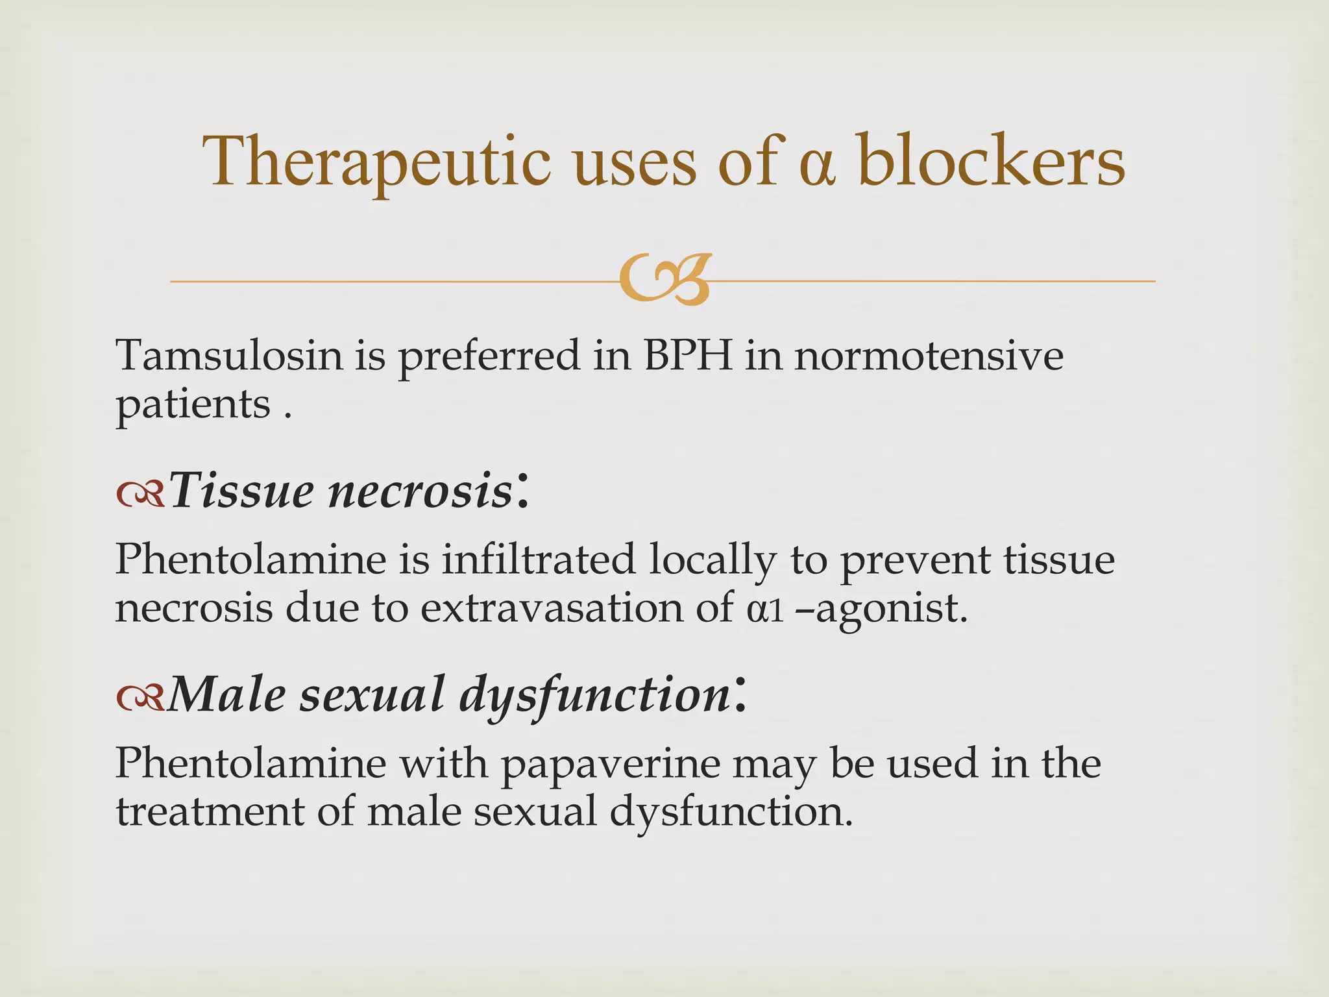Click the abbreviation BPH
(x=687, y=356)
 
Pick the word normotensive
(x=929, y=356)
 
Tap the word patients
(x=193, y=406)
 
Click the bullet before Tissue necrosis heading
(x=140, y=496)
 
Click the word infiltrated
(x=539, y=559)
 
